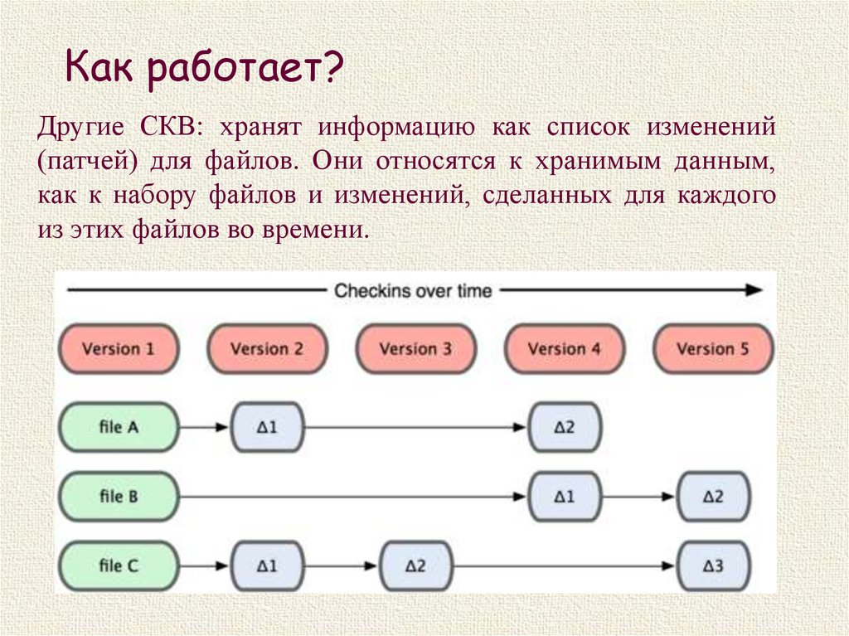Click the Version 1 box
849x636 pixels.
[x=118, y=348]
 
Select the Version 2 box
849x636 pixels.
[x=267, y=348]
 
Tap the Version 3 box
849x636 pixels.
[x=415, y=348]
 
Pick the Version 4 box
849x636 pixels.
[x=564, y=348]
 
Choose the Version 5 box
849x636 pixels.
[x=713, y=348]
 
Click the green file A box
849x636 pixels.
[x=118, y=427]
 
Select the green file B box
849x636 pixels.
[x=118, y=497]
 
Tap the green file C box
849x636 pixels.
[x=118, y=566]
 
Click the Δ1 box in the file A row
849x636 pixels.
[x=267, y=427]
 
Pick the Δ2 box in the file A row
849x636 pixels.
[x=565, y=427]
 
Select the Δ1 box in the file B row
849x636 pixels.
[x=565, y=497]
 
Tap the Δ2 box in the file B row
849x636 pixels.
[x=713, y=497]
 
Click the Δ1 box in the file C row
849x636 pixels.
[x=267, y=566]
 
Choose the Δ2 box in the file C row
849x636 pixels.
[x=415, y=566]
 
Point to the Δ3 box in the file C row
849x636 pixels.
[x=713, y=566]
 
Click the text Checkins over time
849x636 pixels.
[x=413, y=291]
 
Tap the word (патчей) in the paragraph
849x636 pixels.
[x=81, y=162]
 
